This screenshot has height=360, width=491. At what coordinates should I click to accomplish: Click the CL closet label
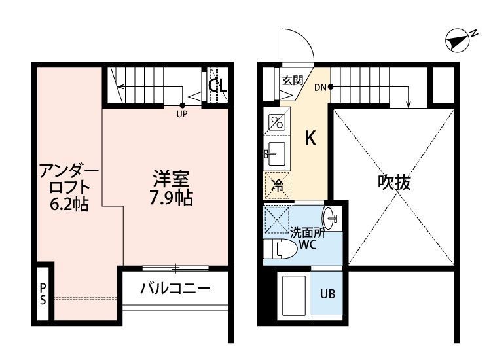pyautogui.click(x=218, y=85)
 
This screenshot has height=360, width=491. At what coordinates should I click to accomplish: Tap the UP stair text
pyautogui.click(x=183, y=113)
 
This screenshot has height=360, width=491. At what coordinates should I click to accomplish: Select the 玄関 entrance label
pyautogui.click(x=292, y=81)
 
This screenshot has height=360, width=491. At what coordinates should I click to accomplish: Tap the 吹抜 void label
pyautogui.click(x=394, y=183)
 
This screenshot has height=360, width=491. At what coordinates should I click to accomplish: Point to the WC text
pyautogui.click(x=308, y=245)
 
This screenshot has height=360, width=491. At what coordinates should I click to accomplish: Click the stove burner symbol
pyautogui.click(x=276, y=121)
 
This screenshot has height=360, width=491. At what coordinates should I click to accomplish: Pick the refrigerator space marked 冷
pyautogui.click(x=278, y=185)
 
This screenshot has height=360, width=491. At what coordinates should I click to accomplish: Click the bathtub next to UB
pyautogui.click(x=293, y=296)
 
